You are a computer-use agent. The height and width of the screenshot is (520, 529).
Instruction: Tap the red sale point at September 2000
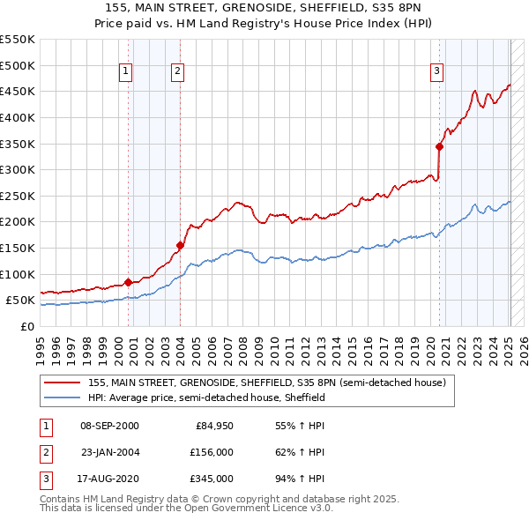tap(128, 282)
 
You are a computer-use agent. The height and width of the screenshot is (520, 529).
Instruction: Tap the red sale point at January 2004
tap(180, 245)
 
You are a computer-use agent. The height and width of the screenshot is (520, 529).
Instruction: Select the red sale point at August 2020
tap(439, 147)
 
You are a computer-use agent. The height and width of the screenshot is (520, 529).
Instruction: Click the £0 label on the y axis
tap(27, 326)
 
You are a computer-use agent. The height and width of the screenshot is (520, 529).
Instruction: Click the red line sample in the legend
tap(63, 383)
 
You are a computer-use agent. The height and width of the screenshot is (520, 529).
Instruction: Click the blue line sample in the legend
tap(63, 398)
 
